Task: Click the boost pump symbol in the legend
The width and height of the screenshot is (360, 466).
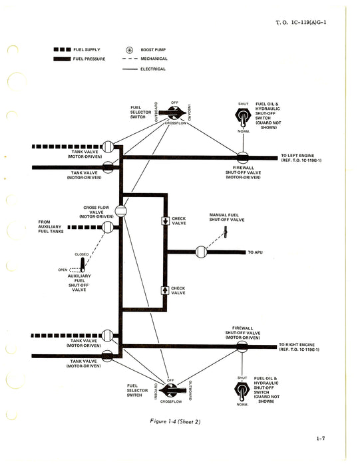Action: pyautogui.click(x=128, y=51)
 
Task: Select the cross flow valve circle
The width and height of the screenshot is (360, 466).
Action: pyautogui.click(x=120, y=212)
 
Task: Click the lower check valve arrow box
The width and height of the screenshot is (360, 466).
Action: pyautogui.click(x=164, y=290)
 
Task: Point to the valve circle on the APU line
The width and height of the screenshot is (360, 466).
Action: pyautogui.click(x=201, y=252)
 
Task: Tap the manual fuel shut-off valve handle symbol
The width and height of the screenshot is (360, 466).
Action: pyautogui.click(x=225, y=232)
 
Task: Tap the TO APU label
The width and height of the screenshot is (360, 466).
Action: pyautogui.click(x=256, y=253)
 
